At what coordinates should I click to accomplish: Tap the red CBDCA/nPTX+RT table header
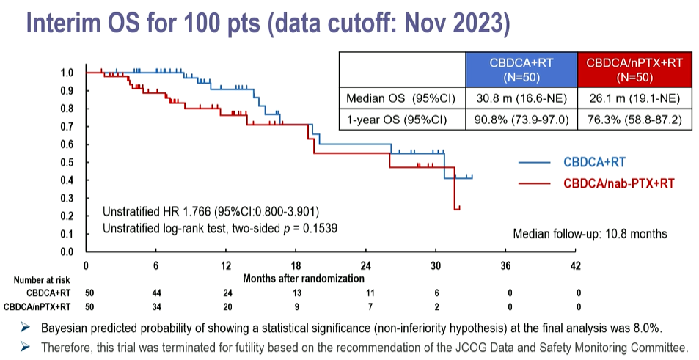click(x=634, y=69)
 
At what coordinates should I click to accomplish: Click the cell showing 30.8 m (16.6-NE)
click(x=521, y=98)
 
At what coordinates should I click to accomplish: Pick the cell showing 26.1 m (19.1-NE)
click(x=634, y=98)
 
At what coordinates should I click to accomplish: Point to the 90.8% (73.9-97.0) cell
click(x=521, y=119)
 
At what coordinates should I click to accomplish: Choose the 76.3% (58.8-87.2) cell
click(x=634, y=119)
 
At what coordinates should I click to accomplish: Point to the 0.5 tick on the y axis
click(x=67, y=162)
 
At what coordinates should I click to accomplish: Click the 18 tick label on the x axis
click(x=296, y=265)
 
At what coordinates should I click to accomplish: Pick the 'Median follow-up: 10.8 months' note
click(x=590, y=234)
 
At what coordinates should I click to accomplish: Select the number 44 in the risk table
click(x=156, y=292)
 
